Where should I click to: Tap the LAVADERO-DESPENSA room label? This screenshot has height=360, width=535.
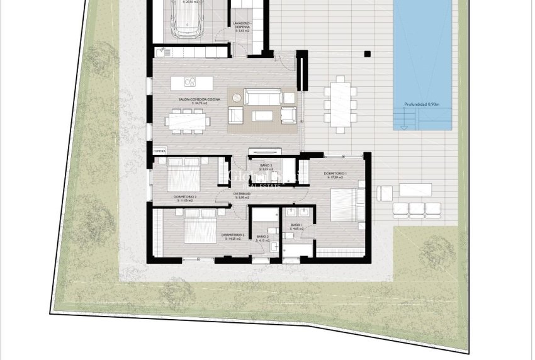(x=242, y=25)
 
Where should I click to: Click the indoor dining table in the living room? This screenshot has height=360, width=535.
(x=185, y=120)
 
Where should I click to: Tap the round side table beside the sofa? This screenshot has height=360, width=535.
(x=237, y=97)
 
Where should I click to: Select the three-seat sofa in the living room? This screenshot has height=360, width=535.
(x=263, y=96)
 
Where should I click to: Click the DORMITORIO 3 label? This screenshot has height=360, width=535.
(x=186, y=197)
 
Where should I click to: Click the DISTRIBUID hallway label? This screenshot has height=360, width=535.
(x=242, y=194)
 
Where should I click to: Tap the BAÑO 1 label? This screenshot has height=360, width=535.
(x=297, y=225)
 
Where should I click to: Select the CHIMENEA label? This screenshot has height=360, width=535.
(x=160, y=152)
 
